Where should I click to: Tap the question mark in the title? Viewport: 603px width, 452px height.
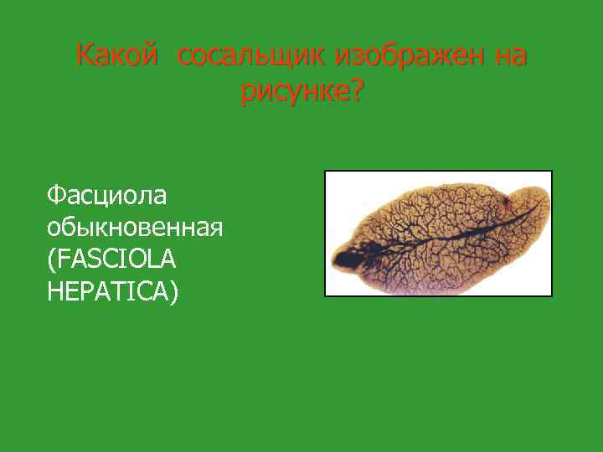pos(356,91)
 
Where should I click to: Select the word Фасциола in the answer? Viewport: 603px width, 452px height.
pos(107,195)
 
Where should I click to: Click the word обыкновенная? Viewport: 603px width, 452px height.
pos(135,228)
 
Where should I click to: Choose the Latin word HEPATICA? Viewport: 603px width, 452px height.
pos(108,293)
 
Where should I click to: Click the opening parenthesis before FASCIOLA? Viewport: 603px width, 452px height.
pos(53,261)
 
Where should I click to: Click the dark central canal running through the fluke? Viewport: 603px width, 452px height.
pos(435,238)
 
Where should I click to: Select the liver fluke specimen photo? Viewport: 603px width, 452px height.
pos(438,234)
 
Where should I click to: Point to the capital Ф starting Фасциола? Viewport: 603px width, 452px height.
pos(57,195)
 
